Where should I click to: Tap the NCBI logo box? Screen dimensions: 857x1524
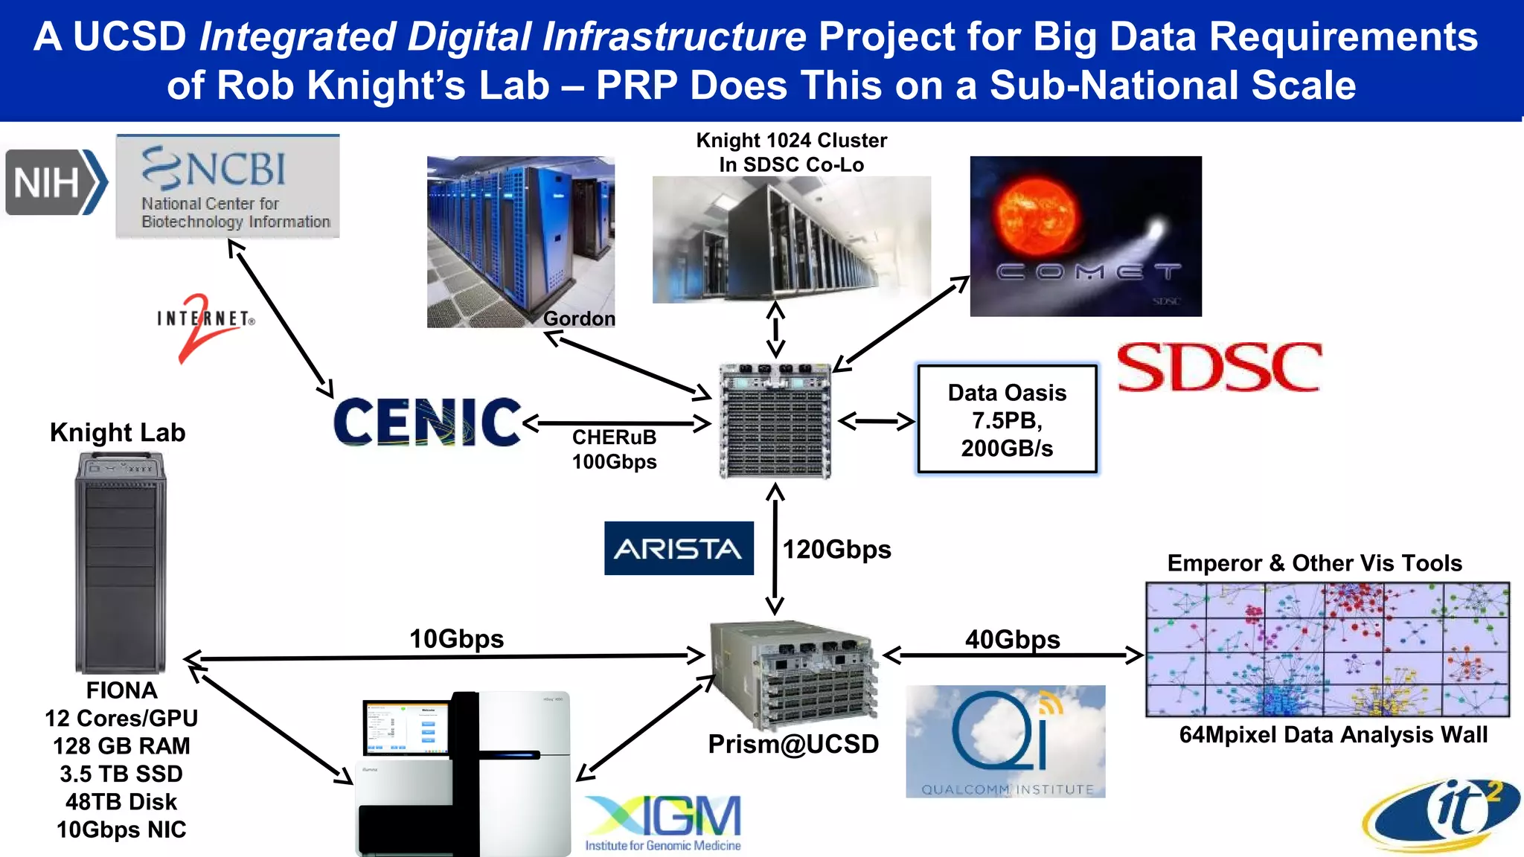(x=228, y=187)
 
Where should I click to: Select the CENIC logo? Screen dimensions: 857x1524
(x=426, y=422)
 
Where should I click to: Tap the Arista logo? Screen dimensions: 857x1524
(x=678, y=548)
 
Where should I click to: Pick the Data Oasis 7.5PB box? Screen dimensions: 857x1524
(x=1007, y=420)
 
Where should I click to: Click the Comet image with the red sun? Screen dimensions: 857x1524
(x=1085, y=236)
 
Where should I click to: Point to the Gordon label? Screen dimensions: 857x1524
(x=578, y=318)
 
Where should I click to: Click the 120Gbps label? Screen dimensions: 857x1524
(x=836, y=550)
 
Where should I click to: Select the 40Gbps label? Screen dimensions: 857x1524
(x=1012, y=639)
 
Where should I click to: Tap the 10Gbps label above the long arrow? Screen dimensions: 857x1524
(x=456, y=638)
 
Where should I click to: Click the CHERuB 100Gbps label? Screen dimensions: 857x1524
(x=614, y=449)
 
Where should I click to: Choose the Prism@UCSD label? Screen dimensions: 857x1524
(x=793, y=744)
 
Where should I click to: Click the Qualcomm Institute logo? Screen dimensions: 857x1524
(x=1005, y=742)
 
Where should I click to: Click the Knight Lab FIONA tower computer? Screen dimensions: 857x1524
(x=121, y=563)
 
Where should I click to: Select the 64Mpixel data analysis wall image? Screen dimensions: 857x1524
(x=1327, y=649)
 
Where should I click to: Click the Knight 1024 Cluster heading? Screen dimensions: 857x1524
(x=791, y=153)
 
